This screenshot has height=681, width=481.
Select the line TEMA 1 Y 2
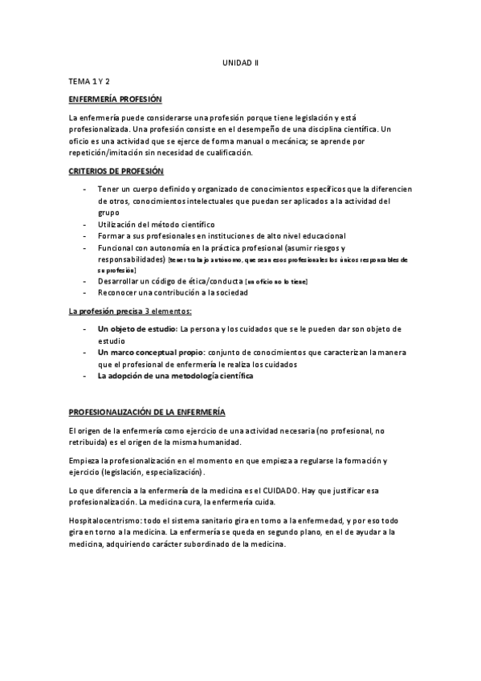(x=88, y=82)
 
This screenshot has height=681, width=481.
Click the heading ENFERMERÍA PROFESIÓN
(x=116, y=100)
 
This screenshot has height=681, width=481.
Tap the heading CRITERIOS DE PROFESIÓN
(x=116, y=171)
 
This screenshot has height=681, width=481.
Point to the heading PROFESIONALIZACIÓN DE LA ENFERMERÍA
(x=147, y=412)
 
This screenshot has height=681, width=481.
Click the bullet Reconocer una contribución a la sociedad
(x=173, y=293)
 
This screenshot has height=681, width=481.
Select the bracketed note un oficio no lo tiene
(x=277, y=282)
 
